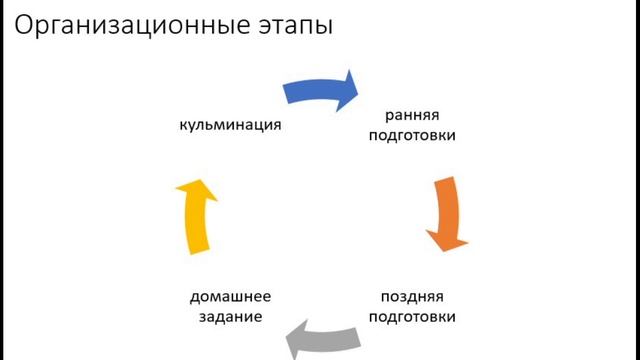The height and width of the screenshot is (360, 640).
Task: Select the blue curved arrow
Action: [x=320, y=88]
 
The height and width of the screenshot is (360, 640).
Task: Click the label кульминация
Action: [x=228, y=125]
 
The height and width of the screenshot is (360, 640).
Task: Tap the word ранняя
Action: [x=412, y=114]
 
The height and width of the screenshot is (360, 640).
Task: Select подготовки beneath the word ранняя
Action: [x=412, y=135]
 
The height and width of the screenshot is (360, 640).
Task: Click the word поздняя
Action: [x=412, y=296]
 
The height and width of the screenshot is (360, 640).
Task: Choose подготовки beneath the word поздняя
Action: [x=412, y=317]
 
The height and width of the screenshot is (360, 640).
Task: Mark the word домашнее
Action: [x=230, y=296]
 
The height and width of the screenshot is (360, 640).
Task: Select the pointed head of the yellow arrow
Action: [x=191, y=185]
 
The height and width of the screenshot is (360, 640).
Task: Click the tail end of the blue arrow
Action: [x=287, y=91]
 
